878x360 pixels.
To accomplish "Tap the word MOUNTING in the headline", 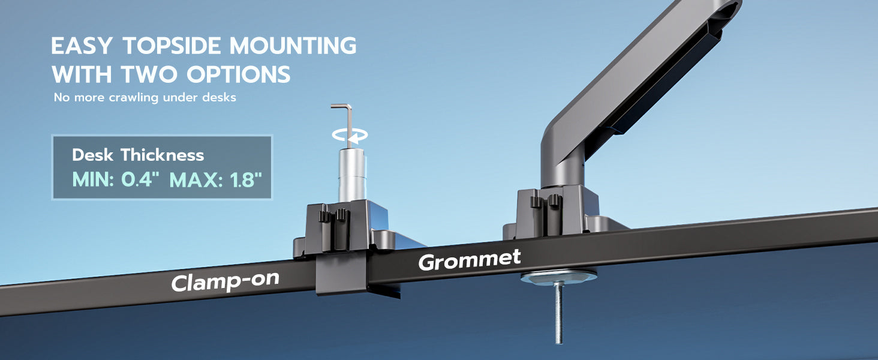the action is click(293, 46).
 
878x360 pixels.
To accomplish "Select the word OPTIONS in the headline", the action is click(238, 74).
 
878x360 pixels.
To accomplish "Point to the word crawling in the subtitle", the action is click(133, 98).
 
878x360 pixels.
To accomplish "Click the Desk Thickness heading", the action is click(138, 155).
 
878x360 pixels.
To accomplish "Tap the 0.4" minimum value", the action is click(140, 179).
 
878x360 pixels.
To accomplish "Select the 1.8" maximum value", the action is click(246, 179).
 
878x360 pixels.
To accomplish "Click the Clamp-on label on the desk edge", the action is click(225, 281).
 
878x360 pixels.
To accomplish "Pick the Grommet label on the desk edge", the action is click(470, 260).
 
